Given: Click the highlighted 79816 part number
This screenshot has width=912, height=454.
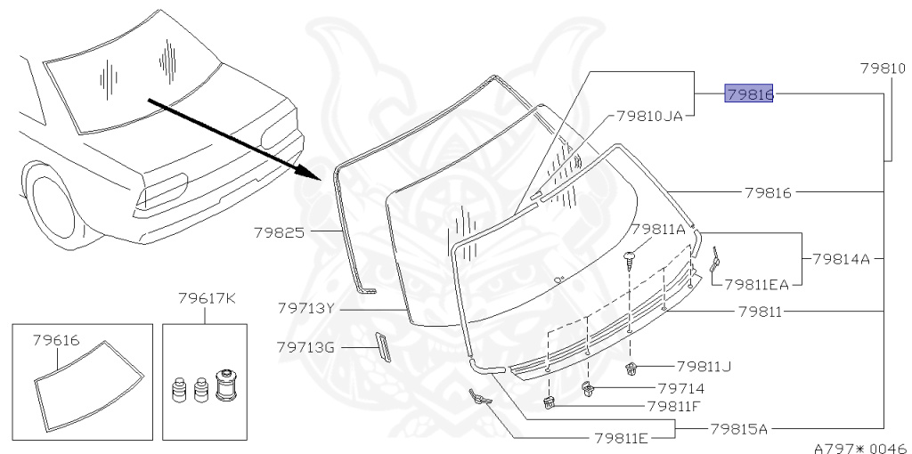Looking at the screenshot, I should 749,93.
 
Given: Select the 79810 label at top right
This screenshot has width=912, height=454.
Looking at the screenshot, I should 883,69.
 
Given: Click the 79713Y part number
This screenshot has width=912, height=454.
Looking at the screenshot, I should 305,308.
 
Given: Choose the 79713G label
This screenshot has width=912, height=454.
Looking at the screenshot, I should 305,347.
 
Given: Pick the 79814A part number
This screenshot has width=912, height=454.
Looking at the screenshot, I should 840,259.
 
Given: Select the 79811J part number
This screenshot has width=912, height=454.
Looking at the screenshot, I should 703,365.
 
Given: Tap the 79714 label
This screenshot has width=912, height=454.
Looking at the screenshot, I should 681,389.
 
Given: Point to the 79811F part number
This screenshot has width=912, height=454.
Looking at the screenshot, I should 673,406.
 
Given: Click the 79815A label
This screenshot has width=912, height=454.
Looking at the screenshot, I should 738,428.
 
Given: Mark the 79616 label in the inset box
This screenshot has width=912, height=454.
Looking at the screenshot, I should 57,340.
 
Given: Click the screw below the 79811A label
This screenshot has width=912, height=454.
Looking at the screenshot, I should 631,258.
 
